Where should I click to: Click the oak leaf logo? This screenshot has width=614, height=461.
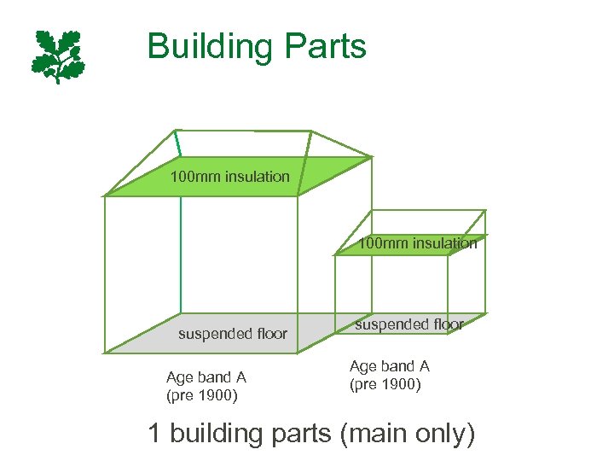pos(59,56)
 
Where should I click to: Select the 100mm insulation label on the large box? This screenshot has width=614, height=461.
pos(230,177)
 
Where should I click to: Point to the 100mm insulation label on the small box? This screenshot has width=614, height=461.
pos(418,243)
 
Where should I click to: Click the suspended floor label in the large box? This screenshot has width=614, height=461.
pos(233,334)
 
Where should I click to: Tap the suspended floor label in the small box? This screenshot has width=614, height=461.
pos(409,324)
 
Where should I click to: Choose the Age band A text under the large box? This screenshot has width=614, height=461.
pos(206,377)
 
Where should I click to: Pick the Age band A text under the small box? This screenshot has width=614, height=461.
pos(390,366)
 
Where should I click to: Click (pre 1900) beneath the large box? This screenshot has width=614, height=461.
pos(202,396)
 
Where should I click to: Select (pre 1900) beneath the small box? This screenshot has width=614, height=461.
pos(385,384)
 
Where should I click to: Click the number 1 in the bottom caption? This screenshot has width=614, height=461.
pos(154,433)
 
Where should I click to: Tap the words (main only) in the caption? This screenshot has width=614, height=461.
pos(407,434)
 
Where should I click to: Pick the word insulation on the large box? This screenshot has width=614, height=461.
pos(258,177)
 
